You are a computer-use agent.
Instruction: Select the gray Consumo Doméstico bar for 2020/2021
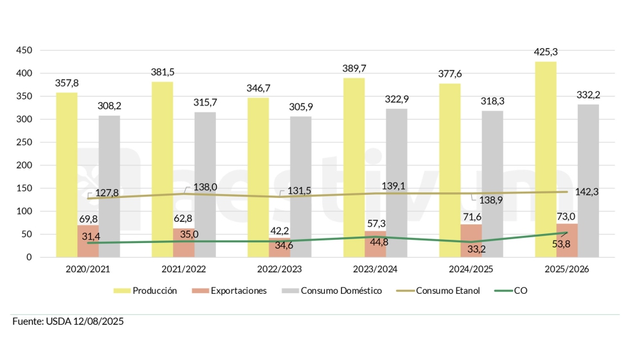click(109, 186)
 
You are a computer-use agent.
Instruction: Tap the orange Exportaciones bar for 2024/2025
click(471, 240)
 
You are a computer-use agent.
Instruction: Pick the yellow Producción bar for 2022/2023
click(258, 177)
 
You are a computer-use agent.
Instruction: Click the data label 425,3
click(545, 51)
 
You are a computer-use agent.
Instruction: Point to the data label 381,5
click(163, 71)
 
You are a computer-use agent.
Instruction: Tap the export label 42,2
click(279, 231)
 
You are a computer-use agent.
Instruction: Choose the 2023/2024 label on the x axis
click(375, 269)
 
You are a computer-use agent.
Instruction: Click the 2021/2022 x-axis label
click(184, 269)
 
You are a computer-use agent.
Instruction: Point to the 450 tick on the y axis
click(24, 51)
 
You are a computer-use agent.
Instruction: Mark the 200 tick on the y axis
click(24, 165)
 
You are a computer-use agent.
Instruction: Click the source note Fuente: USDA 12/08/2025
click(67, 321)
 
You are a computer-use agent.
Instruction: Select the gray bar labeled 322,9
click(397, 183)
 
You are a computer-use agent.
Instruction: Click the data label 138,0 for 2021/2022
click(206, 187)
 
